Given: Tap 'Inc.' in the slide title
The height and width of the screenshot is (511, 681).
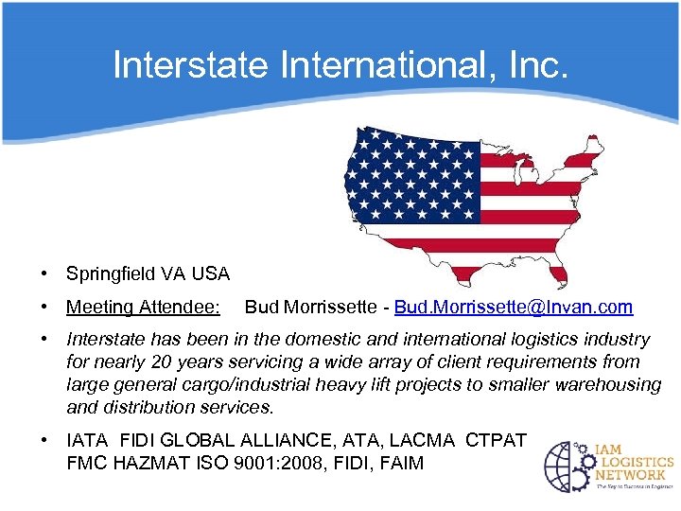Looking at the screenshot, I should click(536, 65).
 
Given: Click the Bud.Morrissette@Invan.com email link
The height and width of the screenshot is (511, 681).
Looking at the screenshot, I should click(514, 308).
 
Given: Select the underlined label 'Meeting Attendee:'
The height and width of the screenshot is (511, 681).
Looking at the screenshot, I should click(143, 308).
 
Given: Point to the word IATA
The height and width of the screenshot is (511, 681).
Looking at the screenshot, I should click(88, 441).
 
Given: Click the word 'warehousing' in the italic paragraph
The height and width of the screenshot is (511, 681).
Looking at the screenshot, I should click(611, 385).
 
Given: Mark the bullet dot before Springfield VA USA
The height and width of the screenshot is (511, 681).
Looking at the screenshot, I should click(44, 274).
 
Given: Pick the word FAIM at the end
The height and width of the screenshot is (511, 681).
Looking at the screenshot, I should click(401, 464).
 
